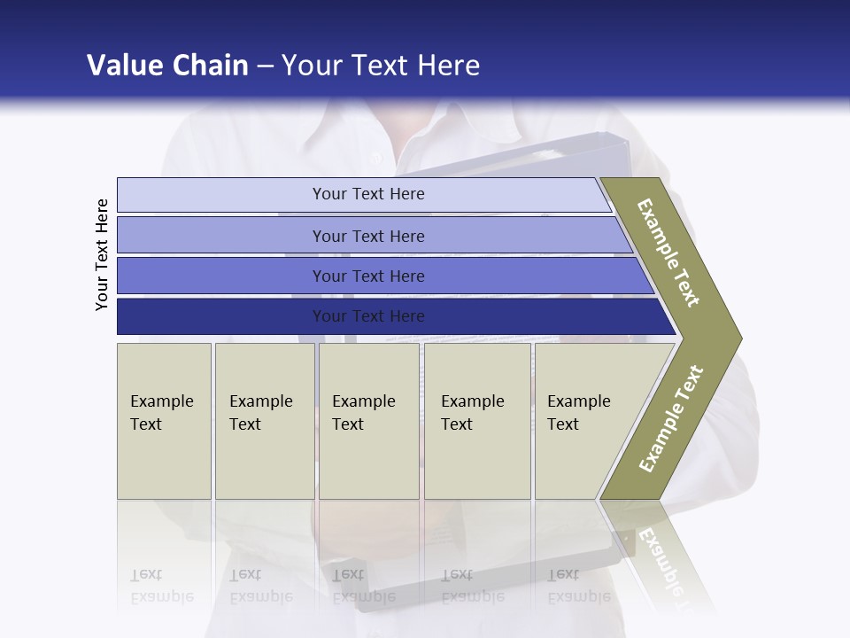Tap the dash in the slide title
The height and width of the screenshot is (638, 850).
pyautogui.click(x=265, y=66)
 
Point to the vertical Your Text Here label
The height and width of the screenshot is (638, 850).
pyautogui.click(x=102, y=254)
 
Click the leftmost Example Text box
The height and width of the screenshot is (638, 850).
pyautogui.click(x=164, y=421)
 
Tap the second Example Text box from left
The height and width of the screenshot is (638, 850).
pyautogui.click(x=264, y=421)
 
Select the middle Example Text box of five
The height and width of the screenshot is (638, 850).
pyautogui.click(x=368, y=421)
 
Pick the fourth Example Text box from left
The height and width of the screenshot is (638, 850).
pyautogui.click(x=476, y=421)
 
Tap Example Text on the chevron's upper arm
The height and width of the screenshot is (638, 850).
pyautogui.click(x=668, y=253)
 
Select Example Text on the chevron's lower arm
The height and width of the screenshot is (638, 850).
pyautogui.click(x=671, y=418)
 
